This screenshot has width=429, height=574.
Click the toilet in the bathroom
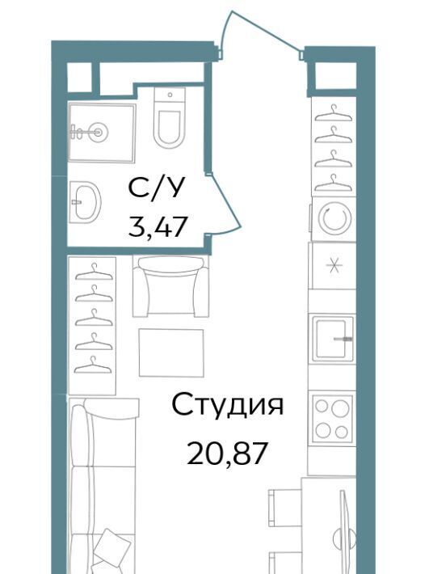point(170,117)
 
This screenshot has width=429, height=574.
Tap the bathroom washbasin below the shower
point(85,201)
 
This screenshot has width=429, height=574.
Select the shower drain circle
point(98,132)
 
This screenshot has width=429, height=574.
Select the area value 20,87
point(226,453)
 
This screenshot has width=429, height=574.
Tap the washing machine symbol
point(334,219)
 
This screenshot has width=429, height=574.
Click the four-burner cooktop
point(332,418)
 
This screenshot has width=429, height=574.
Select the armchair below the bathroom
point(170,286)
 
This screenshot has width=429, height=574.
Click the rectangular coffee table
point(171,352)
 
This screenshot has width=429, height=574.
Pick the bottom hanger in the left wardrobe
point(93,365)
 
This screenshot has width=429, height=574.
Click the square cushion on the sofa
point(111,546)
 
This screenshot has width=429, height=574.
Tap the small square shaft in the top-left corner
point(79,77)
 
